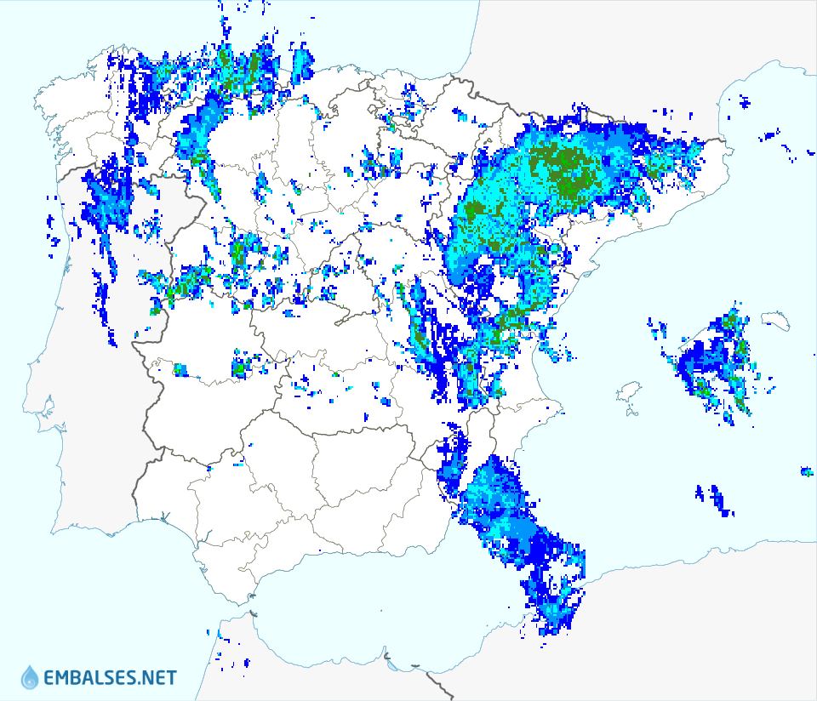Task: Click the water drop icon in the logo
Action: [30, 677]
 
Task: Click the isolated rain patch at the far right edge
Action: [806, 470]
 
